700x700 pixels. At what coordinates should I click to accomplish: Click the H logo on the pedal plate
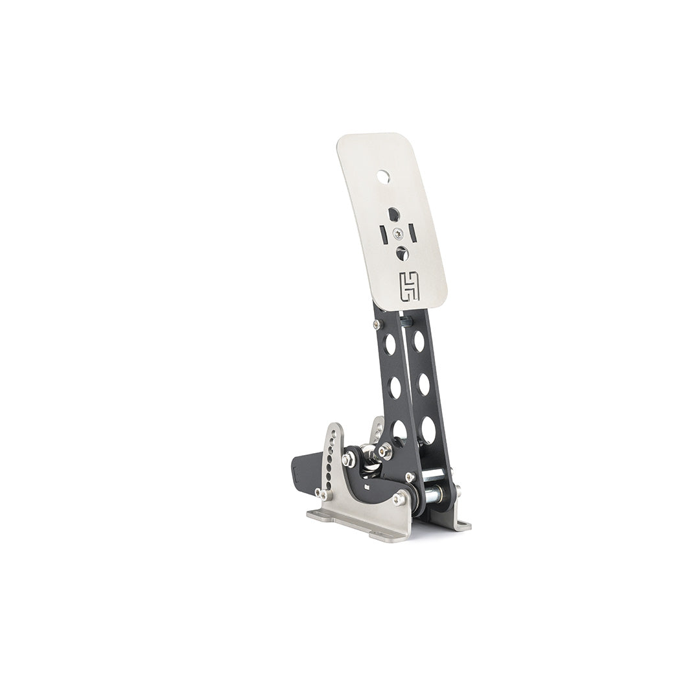[410, 286]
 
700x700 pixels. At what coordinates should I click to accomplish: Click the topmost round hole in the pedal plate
[384, 175]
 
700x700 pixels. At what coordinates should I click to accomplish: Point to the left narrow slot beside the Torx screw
[383, 233]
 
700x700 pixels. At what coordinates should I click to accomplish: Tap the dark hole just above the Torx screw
[393, 213]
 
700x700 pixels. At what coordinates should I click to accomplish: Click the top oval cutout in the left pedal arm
[390, 344]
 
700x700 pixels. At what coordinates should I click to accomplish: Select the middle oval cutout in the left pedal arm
[395, 387]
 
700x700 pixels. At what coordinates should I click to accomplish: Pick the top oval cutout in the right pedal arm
[419, 341]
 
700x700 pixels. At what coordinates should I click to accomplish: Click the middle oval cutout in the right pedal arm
[423, 384]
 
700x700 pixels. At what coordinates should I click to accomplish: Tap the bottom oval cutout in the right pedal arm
[427, 430]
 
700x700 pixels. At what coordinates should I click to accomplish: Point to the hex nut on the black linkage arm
[348, 460]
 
